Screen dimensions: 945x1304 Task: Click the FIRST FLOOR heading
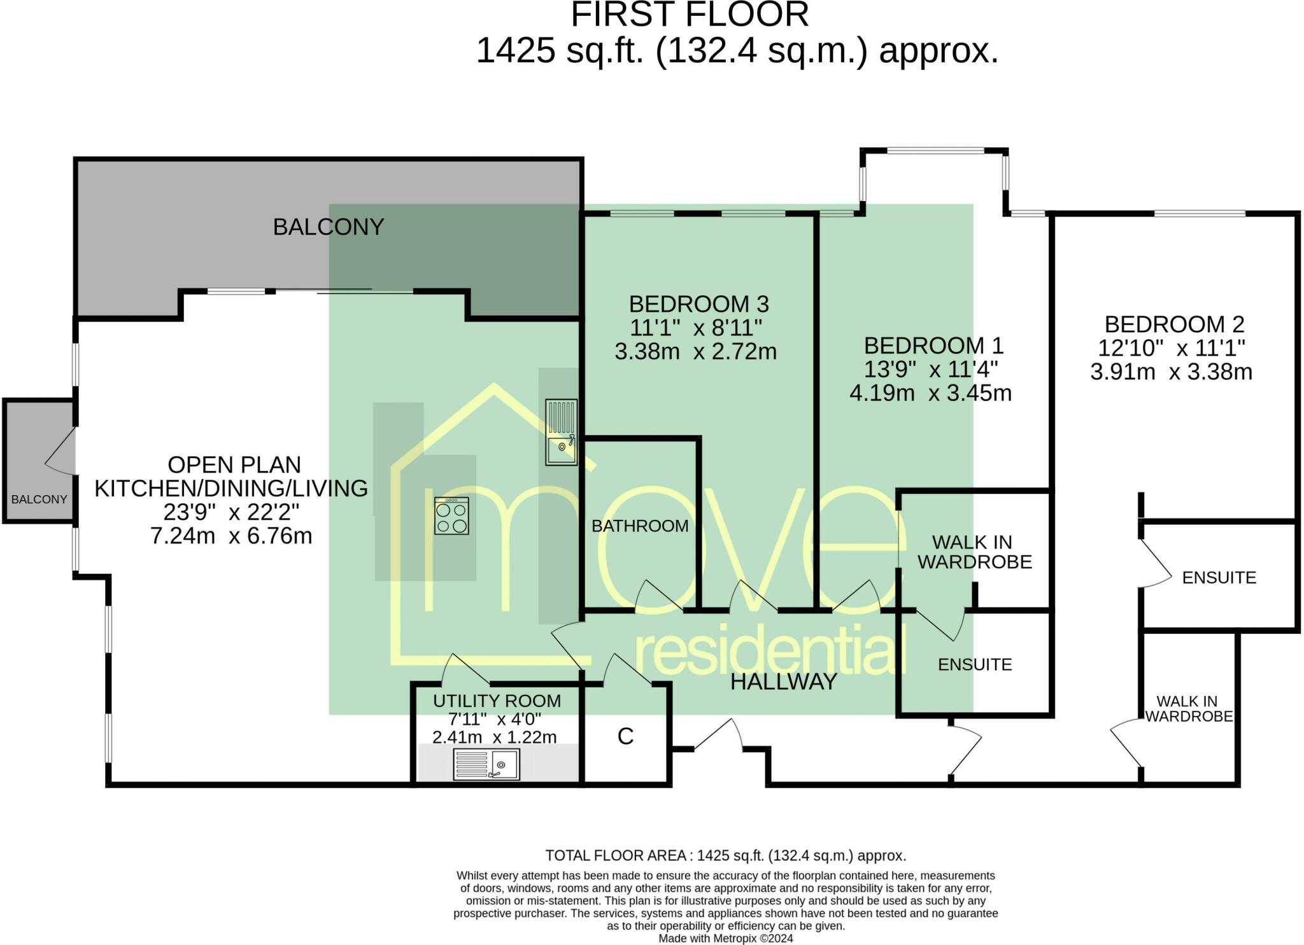pyautogui.click(x=690, y=15)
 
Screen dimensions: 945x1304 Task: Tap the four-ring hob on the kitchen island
pyautogui.click(x=451, y=515)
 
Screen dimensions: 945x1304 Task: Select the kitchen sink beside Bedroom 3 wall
pyautogui.click(x=561, y=433)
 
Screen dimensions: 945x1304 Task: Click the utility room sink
pyautogui.click(x=486, y=764)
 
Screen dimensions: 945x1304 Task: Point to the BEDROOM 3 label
pyautogui.click(x=698, y=304)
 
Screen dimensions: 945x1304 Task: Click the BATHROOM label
pyautogui.click(x=639, y=526)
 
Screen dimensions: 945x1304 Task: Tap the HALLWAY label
pyautogui.click(x=783, y=682)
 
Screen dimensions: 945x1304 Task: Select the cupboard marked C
pyautogui.click(x=625, y=736)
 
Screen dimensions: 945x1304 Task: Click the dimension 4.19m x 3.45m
pyautogui.click(x=930, y=393)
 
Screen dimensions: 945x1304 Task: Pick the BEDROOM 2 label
pyautogui.click(x=1173, y=325)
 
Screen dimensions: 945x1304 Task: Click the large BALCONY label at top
pyautogui.click(x=328, y=227)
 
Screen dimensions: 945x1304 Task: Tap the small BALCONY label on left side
pyautogui.click(x=39, y=500)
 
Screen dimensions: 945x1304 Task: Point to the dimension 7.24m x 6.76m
pyautogui.click(x=231, y=536)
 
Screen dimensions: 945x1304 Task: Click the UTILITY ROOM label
pyautogui.click(x=497, y=701)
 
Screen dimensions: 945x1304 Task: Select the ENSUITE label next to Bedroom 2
pyautogui.click(x=1219, y=577)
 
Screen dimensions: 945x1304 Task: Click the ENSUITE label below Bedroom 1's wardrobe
pyautogui.click(x=974, y=664)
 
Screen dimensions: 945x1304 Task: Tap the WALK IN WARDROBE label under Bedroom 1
pyautogui.click(x=974, y=552)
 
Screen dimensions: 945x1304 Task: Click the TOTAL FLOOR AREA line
pyautogui.click(x=725, y=855)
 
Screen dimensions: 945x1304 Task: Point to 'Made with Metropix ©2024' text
pyautogui.click(x=725, y=938)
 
